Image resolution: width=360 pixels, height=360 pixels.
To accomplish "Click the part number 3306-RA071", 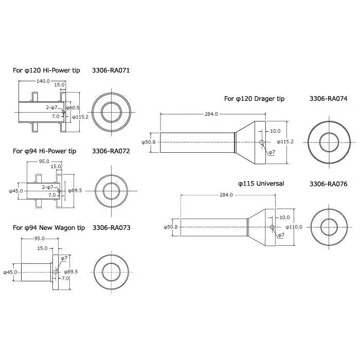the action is (x=111, y=70).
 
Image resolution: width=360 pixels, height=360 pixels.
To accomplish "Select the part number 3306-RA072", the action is (x=111, y=151).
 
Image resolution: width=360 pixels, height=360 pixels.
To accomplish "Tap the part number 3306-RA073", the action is (x=112, y=228).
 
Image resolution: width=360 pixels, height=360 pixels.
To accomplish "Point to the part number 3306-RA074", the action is (x=328, y=99).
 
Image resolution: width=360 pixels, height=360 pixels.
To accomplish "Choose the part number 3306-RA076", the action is (x=328, y=184).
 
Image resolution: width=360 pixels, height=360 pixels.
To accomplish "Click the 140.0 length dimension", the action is (x=43, y=81).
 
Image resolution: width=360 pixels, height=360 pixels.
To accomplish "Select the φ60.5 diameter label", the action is (x=73, y=107).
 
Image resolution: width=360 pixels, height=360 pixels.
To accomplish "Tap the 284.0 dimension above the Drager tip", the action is (x=211, y=114).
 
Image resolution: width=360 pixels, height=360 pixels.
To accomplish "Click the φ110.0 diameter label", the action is (x=294, y=227).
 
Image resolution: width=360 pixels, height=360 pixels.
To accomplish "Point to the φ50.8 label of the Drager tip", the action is (x=149, y=142).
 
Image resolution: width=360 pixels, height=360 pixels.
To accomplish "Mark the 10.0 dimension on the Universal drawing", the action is (x=284, y=218).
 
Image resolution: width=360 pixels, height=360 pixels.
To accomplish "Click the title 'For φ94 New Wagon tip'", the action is (x=49, y=228).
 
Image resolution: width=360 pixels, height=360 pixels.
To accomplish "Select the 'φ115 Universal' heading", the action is (x=261, y=184).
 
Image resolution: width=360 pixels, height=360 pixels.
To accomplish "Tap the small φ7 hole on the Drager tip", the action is (x=262, y=142).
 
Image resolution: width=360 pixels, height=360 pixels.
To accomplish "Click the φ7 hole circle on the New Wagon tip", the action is (x=56, y=272).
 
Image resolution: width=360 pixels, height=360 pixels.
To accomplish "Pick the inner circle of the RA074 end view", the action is (x=329, y=133).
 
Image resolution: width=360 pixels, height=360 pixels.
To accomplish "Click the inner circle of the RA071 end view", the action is (x=112, y=102).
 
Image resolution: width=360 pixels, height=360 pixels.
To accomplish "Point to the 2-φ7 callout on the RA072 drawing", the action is (x=47, y=187).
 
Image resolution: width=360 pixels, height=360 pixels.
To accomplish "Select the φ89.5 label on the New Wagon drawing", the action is (x=71, y=272).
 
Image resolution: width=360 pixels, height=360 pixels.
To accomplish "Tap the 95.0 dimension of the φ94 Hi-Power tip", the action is (x=44, y=161).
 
